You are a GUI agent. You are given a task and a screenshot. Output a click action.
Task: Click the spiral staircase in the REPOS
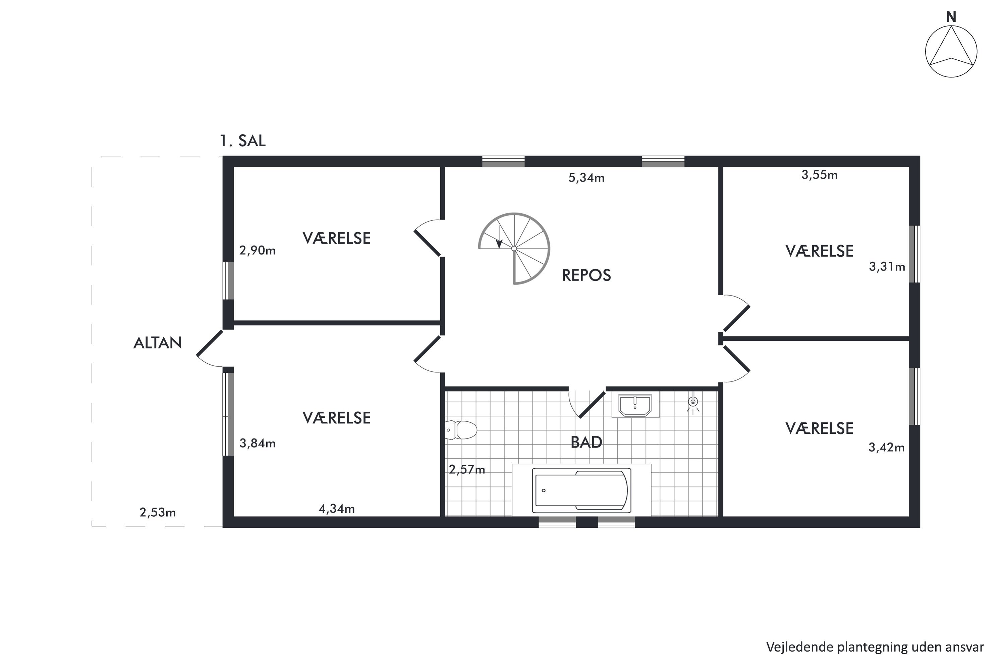point(514,249)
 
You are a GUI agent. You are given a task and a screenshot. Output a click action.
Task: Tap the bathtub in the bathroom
point(581,491)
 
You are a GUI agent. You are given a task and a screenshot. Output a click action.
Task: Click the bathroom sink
point(635,405)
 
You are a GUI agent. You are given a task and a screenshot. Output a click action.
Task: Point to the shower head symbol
point(693,403)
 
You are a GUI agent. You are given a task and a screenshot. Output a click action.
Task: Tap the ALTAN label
point(157,343)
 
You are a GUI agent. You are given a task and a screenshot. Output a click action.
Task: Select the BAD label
point(586,442)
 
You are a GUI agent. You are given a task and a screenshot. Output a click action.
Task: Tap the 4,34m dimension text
point(337,508)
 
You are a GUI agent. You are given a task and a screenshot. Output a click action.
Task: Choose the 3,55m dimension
point(819,174)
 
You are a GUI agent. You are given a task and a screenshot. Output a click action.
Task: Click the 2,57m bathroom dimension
point(467,469)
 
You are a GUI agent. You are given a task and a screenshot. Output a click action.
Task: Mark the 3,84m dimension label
point(257,443)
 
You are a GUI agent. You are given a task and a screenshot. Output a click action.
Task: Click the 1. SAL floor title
point(242,141)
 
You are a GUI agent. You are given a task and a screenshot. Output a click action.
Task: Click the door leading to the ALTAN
point(210,348)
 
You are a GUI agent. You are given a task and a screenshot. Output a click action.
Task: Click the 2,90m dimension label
point(257,250)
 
